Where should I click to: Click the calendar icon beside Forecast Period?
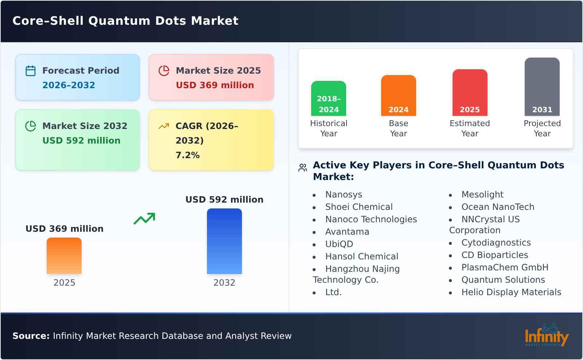(x=31, y=71)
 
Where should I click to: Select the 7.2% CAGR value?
(x=187, y=155)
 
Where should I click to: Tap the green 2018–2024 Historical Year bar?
(x=329, y=98)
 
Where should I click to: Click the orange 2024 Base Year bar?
(x=398, y=95)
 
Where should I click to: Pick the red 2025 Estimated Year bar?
(x=470, y=93)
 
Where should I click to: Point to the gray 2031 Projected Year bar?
(x=542, y=87)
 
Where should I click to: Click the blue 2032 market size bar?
(x=224, y=241)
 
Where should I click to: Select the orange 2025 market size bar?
(x=64, y=256)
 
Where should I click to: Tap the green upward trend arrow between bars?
(x=144, y=219)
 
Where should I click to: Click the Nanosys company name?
(x=344, y=195)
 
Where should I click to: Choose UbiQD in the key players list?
(x=339, y=244)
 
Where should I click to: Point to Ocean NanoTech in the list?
(x=498, y=207)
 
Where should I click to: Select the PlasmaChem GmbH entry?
(x=505, y=267)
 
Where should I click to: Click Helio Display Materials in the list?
(x=511, y=292)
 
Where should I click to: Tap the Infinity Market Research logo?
(x=546, y=335)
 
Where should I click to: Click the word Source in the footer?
(x=31, y=336)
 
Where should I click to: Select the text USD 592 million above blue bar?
(x=224, y=200)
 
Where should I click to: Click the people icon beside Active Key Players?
(x=302, y=168)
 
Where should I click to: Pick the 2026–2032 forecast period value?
(x=69, y=85)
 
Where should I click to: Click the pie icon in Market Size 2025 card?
(x=164, y=71)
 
